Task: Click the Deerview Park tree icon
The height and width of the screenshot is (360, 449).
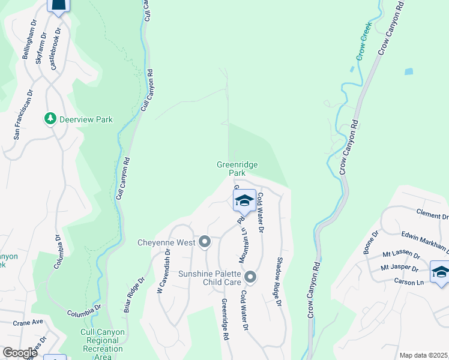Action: pyautogui.click(x=51, y=119)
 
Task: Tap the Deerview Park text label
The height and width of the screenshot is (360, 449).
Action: pyautogui.click(x=86, y=119)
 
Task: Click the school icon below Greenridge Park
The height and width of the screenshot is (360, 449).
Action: pyautogui.click(x=244, y=200)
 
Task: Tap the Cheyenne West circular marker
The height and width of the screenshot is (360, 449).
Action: pyautogui.click(x=205, y=242)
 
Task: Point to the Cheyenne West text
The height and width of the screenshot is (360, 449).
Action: pyautogui.click(x=166, y=242)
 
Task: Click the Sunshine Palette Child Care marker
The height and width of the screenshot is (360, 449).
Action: pyautogui.click(x=250, y=277)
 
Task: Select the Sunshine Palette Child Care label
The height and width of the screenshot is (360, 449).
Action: pyautogui.click(x=209, y=277)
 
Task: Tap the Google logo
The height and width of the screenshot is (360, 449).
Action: pyautogui.click(x=20, y=352)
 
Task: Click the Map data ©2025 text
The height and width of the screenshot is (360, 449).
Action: pyautogui.click(x=423, y=355)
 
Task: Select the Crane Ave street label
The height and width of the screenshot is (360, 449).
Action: pyautogui.click(x=29, y=322)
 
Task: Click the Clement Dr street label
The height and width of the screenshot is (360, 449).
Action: pyautogui.click(x=432, y=215)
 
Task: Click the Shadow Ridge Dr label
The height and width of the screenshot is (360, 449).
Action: pyautogui.click(x=279, y=282)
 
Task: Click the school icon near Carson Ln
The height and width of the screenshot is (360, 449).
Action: pyautogui.click(x=440, y=271)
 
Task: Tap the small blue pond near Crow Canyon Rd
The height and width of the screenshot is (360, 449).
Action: pyautogui.click(x=409, y=71)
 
